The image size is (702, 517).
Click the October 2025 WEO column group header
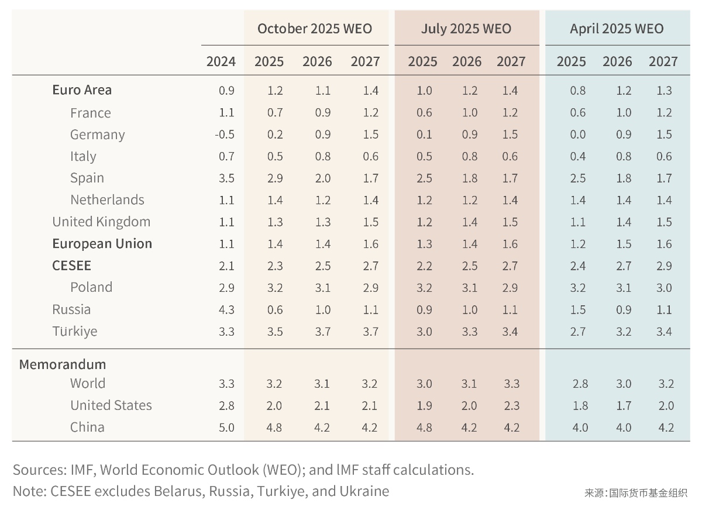pos(314,29)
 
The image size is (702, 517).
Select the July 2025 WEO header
pos(466,29)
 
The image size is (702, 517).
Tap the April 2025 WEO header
pos(617,29)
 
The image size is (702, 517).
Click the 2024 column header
pos(221,61)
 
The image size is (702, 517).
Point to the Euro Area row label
pos(82,90)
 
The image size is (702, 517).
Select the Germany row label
pos(97,135)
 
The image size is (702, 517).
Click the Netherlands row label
pos(107,200)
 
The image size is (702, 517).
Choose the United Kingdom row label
pos(101,222)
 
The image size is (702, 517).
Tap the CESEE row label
pos(71,266)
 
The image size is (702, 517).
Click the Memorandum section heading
pos(63,364)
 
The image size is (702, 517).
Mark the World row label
pos(88,384)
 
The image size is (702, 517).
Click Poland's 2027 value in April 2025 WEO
pos(664,288)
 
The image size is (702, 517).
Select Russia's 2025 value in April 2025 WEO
pos(578,309)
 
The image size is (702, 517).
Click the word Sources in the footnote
pos(39,470)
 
